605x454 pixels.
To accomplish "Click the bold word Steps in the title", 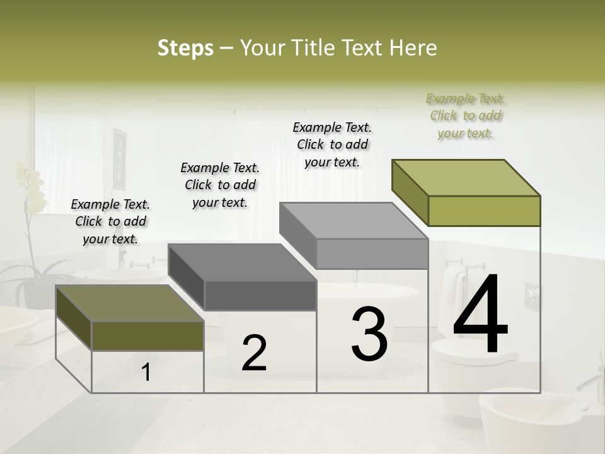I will click(x=185, y=48).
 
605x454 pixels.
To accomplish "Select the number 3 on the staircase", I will click(x=369, y=334).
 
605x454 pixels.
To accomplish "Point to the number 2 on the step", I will click(x=254, y=353).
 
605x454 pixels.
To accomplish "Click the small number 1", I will click(x=146, y=373).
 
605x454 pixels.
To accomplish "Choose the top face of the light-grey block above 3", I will click(x=354, y=221).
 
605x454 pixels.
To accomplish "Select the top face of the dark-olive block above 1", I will click(x=130, y=303).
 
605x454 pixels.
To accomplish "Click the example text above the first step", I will click(x=111, y=221).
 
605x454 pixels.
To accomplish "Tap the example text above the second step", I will click(x=220, y=185).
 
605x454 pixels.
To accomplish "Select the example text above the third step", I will click(x=332, y=144).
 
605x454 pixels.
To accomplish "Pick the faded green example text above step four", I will click(x=466, y=115).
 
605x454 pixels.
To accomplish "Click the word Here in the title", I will click(x=413, y=48).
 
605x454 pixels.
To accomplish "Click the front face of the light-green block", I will click(x=484, y=211).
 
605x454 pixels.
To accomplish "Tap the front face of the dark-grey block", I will click(x=260, y=295).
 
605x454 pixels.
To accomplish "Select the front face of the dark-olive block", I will click(x=147, y=335).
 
